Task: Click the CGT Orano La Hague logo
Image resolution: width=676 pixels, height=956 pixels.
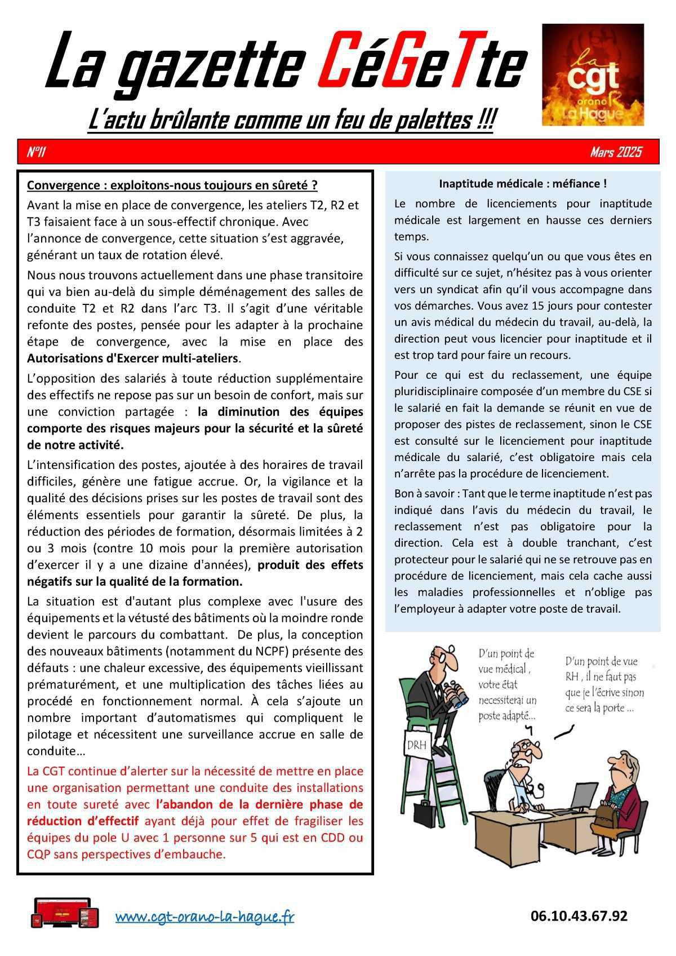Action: pos(593,74)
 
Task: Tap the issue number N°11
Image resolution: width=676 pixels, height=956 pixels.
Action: pos(37,152)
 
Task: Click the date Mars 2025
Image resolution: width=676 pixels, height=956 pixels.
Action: pos(616,152)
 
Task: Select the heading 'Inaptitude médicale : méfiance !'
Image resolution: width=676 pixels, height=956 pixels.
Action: pos(522,184)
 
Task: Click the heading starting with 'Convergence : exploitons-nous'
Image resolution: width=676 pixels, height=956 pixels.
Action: pos(172,185)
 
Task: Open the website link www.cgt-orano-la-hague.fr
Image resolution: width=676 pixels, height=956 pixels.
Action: pos(204,917)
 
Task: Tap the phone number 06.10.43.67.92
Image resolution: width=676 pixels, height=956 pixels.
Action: pos(579,916)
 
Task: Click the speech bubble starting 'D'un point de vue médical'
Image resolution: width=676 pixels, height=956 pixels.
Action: pos(507,684)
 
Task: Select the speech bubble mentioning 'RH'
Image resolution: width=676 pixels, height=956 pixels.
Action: pos(604,684)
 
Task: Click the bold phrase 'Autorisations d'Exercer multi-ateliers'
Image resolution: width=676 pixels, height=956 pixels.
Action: pos(133,358)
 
